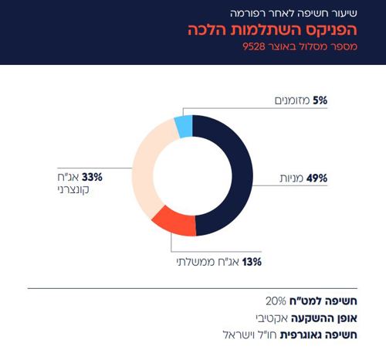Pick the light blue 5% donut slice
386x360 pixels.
[183, 125]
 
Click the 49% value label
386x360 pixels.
[317, 178]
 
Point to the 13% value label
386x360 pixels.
[252, 262]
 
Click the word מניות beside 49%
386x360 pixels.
[292, 178]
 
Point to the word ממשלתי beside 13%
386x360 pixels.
[193, 262]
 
